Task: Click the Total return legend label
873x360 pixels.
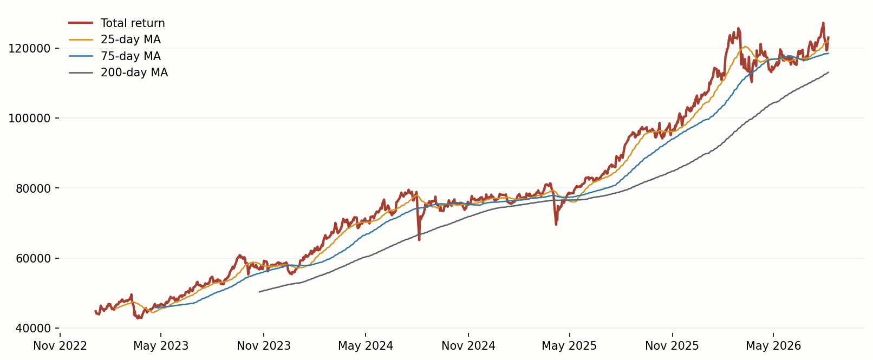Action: click(x=133, y=23)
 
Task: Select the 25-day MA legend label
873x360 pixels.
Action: click(x=131, y=40)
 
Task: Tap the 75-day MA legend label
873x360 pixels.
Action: click(x=131, y=56)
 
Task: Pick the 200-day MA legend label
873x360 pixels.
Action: click(x=134, y=73)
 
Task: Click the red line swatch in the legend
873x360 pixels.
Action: click(x=81, y=23)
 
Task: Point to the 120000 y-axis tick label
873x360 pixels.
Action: click(x=30, y=48)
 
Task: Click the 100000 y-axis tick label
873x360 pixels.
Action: click(x=30, y=118)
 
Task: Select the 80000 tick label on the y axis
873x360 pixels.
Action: click(x=33, y=188)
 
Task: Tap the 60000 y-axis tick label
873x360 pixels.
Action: click(x=33, y=258)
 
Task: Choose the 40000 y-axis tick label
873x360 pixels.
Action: click(x=33, y=329)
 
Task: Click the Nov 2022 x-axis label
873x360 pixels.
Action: click(x=60, y=345)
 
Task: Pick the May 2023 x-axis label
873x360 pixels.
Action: click(x=161, y=345)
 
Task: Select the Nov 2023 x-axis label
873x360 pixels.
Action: click(x=264, y=345)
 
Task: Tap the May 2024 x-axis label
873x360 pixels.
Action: click(x=366, y=345)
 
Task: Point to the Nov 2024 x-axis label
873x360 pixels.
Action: click(x=468, y=345)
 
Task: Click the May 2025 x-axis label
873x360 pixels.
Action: click(x=569, y=345)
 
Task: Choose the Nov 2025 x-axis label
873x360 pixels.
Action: click(x=672, y=345)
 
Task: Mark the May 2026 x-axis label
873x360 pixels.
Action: click(x=773, y=345)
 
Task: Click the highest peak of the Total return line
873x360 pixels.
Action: click(x=823, y=23)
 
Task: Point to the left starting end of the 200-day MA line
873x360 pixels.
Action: click(x=259, y=292)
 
